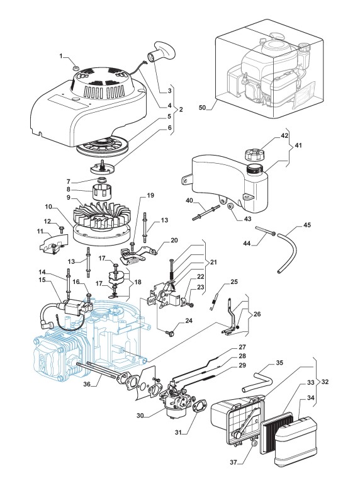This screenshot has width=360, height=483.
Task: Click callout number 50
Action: coord(202,108)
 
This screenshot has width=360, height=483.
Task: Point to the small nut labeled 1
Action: coord(76,67)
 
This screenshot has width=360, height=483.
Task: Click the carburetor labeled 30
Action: coord(174,399)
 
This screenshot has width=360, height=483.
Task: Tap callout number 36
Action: coord(87,384)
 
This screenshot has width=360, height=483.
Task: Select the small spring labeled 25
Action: coord(214,302)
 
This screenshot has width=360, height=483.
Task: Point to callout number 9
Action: coord(68,198)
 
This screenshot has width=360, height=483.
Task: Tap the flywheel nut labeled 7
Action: coord(101,179)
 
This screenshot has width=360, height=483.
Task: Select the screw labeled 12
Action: coord(62,229)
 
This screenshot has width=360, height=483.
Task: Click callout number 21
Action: coord(213,262)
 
